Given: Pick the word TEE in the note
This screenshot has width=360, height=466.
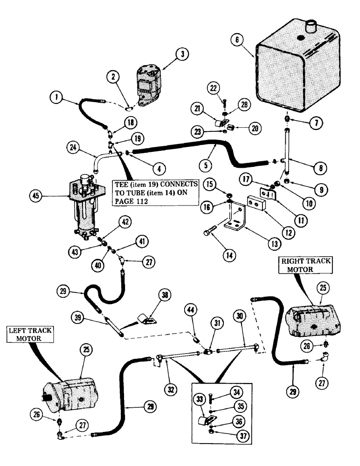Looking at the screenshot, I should point(122,184).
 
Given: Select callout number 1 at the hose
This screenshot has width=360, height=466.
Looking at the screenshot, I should point(57,98).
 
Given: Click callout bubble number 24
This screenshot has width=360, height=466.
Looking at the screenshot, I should point(85,150).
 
